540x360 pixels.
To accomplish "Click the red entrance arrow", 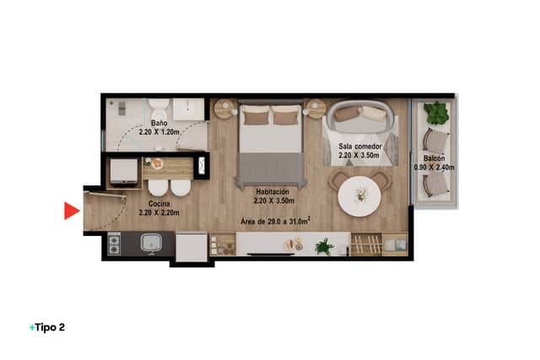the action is click(x=72, y=211).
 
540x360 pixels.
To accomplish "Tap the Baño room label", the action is click(x=159, y=123).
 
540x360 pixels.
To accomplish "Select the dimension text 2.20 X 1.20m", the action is click(x=159, y=132).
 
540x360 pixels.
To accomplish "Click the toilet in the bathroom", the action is click(x=159, y=109).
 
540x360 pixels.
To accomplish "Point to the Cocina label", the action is click(x=159, y=204).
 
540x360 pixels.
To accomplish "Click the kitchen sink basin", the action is click(x=151, y=243).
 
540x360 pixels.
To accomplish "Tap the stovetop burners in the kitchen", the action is click(x=114, y=244).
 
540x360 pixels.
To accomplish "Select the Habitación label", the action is click(x=273, y=191).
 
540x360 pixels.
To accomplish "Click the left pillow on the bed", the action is click(x=256, y=116).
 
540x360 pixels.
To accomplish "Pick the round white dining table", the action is click(x=359, y=196).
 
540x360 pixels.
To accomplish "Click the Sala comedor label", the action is click(x=360, y=146).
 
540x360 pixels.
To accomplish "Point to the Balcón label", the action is click(x=434, y=159).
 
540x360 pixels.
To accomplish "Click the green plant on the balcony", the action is click(x=436, y=113).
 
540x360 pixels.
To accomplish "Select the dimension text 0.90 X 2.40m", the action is click(x=434, y=167).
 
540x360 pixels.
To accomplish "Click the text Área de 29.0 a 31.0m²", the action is click(x=275, y=221).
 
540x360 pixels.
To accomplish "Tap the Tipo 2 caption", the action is click(x=47, y=327).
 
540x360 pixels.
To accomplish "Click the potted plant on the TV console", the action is click(x=324, y=246).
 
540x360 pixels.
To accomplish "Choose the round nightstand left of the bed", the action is click(x=225, y=109).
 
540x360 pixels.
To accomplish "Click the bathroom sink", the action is click(x=188, y=110).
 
